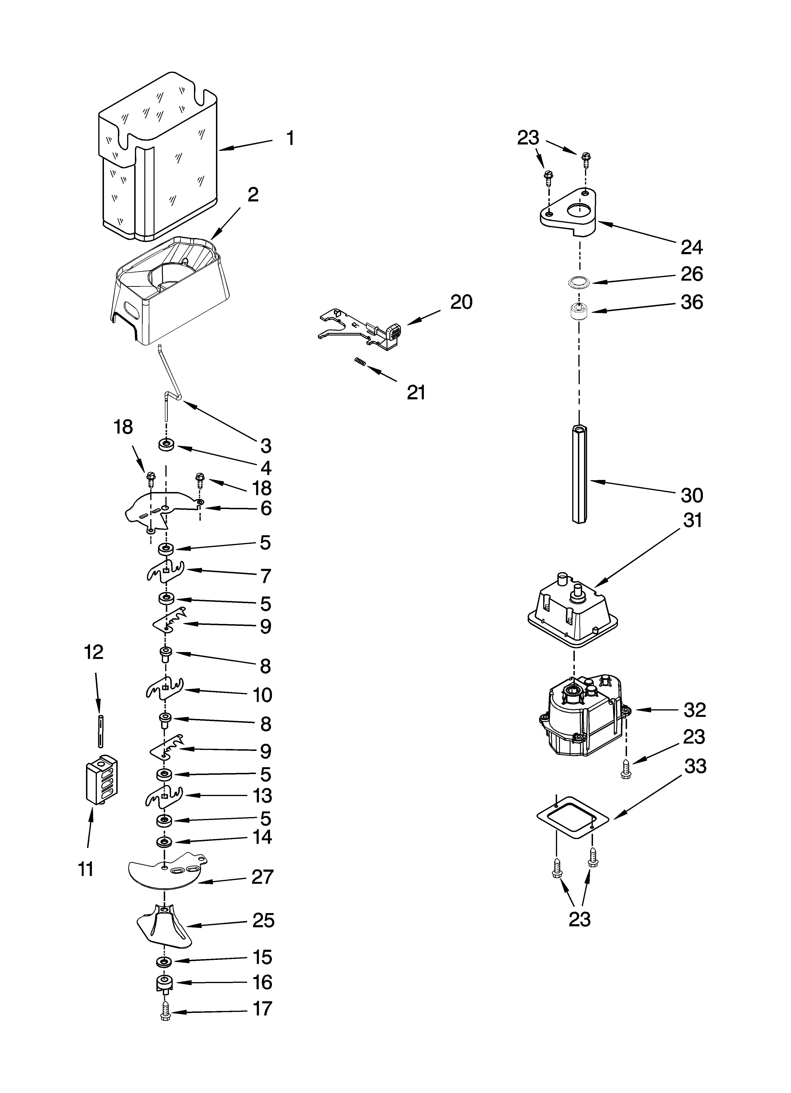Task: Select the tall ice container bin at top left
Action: (159, 159)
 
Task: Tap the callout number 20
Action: (461, 302)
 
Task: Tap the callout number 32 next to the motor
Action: (695, 710)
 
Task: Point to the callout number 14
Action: (262, 837)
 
